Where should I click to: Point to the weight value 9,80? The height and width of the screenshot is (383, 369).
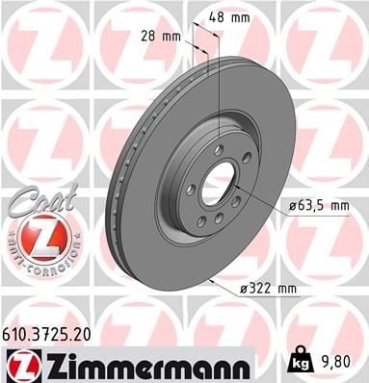pyautogui.click(x=333, y=362)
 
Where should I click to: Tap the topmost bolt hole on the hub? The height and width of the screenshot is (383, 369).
pyautogui.click(x=220, y=148)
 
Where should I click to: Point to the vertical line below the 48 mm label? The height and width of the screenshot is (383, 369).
pyautogui.click(x=220, y=77)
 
